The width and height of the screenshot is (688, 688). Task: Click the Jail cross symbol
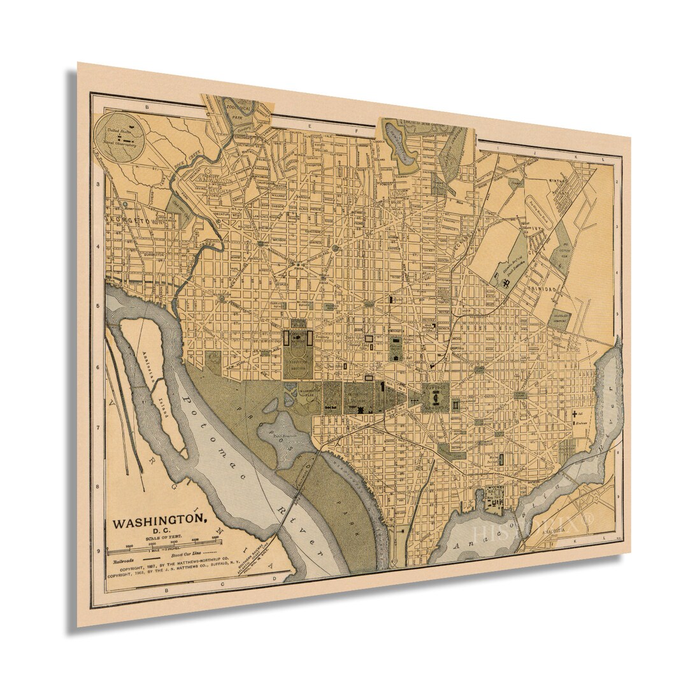point(574,415)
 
